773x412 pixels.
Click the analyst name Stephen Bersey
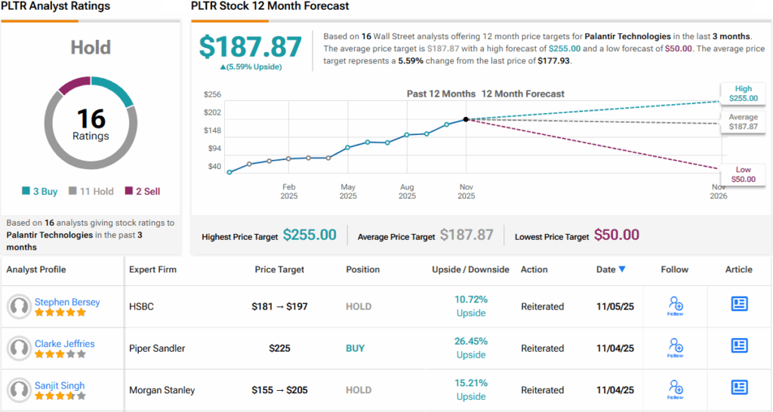[x=67, y=302]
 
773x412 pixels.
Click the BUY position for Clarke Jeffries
[x=355, y=349]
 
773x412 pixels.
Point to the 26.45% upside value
[x=470, y=341]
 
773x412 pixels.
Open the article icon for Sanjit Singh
[x=739, y=387]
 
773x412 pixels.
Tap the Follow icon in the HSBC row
[x=675, y=305]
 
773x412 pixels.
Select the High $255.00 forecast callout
[x=743, y=93]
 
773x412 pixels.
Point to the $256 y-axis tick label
[x=212, y=94]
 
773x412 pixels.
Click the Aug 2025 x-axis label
[x=407, y=191]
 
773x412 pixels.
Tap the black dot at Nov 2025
[x=466, y=119]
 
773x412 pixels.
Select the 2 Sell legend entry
[x=142, y=192]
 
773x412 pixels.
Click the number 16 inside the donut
[x=91, y=118]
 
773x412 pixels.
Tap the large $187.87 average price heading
[x=251, y=48]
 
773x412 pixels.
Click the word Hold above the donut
[x=91, y=48]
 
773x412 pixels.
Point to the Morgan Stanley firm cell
[x=162, y=390]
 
